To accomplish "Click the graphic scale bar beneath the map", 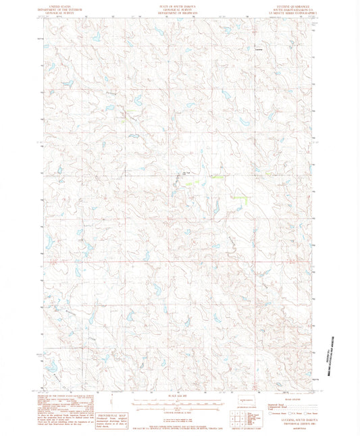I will coord(180,403).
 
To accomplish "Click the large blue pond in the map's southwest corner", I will coord(50,366).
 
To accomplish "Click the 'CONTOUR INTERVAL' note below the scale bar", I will coord(180,410).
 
